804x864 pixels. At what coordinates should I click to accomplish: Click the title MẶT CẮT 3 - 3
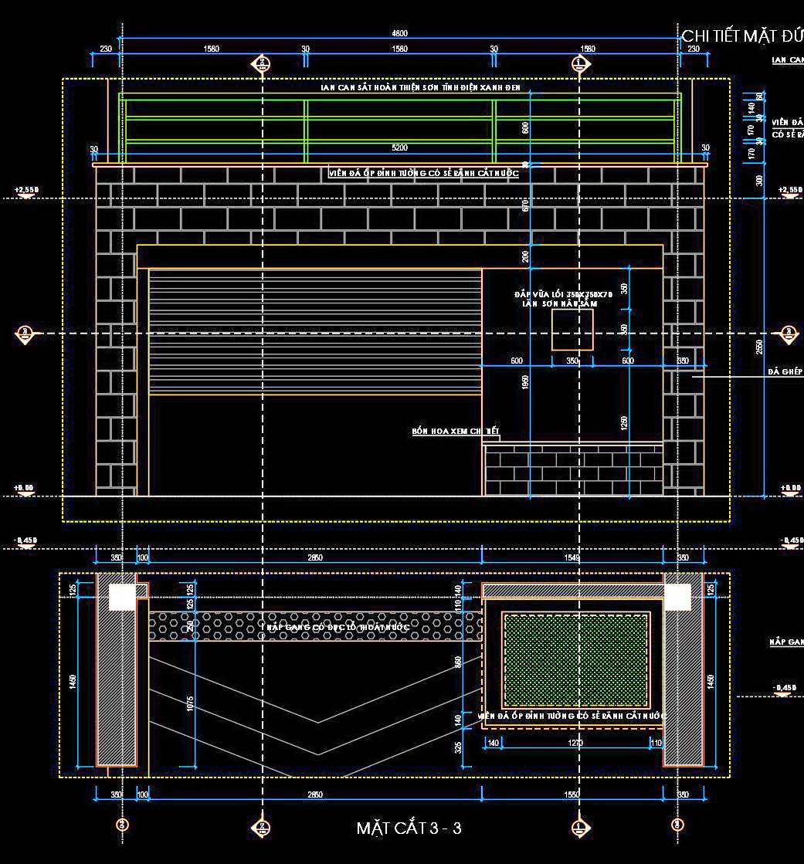409,828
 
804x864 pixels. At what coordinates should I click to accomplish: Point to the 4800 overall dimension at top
399,33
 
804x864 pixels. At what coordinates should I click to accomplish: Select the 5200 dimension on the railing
399,147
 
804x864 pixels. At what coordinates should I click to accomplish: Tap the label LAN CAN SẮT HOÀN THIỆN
421,88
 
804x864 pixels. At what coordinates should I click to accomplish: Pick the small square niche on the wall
572,330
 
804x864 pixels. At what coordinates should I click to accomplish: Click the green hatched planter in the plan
575,659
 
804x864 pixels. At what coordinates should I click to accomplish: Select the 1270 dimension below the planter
575,743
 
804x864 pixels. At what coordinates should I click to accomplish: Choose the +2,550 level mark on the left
25,190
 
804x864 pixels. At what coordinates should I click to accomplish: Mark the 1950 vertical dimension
526,381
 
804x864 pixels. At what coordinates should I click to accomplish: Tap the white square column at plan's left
121,597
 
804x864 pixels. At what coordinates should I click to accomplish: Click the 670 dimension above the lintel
526,205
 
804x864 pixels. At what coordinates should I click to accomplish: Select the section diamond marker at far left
25,334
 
